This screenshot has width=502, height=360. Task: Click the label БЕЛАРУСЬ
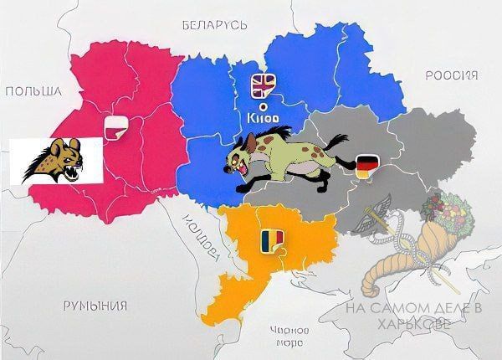pos(214,25)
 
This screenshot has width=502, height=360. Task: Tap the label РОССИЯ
pos(451,76)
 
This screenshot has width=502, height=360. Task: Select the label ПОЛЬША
pos(33,90)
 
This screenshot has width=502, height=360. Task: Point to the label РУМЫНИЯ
pos(95,305)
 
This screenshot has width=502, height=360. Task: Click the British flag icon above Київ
pos(264,85)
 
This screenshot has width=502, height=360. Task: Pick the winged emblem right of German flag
pos(372,219)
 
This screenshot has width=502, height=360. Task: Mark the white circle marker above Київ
pos(264,105)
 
